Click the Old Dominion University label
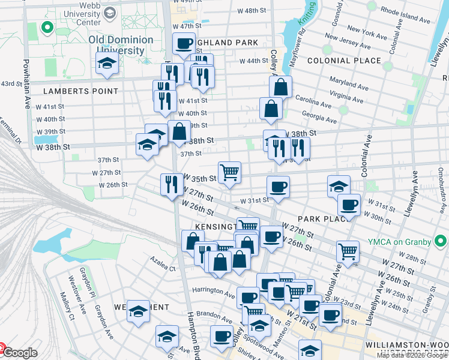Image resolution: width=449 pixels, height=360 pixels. [121, 45]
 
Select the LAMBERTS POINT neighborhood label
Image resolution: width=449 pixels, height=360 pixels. [80, 91]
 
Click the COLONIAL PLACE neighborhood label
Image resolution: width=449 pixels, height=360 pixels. [343, 61]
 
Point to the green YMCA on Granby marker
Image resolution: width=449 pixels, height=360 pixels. [440, 242]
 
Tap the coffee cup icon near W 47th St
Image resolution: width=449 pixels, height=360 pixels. [184, 43]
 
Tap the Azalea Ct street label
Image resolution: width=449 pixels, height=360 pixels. [163, 269]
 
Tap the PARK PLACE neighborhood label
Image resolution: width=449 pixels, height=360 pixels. [324, 218]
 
